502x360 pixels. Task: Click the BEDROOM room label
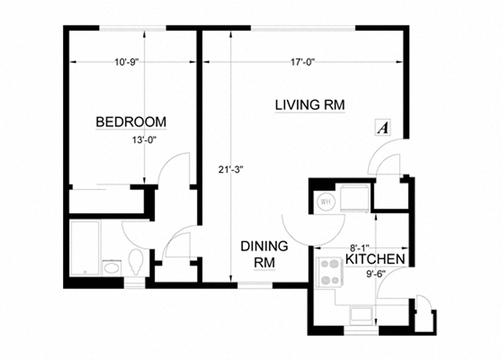point(131,122)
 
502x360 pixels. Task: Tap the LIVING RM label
point(309,106)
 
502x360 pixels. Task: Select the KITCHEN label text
point(375,259)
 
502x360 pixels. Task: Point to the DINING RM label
point(264,254)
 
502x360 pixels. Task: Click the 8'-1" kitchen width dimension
point(361,246)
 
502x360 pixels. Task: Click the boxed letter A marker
point(384,128)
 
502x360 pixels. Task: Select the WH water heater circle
point(326,202)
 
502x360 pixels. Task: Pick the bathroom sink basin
point(111,267)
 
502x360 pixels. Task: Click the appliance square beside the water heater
point(354,199)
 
